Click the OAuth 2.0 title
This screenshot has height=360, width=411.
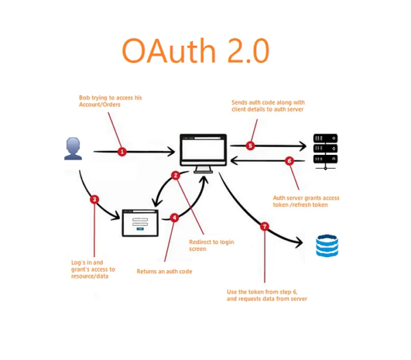[x=195, y=51]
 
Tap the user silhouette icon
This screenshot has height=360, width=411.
[x=73, y=149]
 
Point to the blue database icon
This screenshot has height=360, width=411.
[x=327, y=245]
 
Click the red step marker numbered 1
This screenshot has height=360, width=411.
[x=122, y=151]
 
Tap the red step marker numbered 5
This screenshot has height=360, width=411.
[x=250, y=145]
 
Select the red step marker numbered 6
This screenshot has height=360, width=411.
[x=289, y=161]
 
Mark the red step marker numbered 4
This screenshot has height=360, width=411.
[x=175, y=217]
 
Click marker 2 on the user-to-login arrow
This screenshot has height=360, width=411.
[x=95, y=200]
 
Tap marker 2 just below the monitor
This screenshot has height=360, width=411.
[x=176, y=176]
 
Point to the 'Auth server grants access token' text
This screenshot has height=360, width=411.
[x=306, y=202]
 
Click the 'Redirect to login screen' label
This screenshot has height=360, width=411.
[x=213, y=245]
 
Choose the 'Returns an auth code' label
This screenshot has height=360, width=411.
[x=164, y=272]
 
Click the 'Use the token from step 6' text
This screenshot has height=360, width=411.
[x=266, y=296]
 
